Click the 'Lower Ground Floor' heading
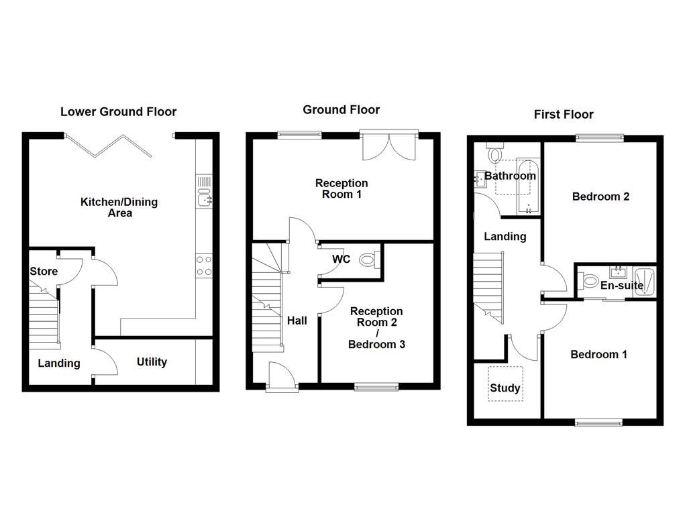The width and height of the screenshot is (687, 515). pos(118,112)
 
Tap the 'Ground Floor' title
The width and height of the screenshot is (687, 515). pos(341,109)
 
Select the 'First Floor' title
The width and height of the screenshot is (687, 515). pos(564,114)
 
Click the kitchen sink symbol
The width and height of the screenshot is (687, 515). pos(204,198)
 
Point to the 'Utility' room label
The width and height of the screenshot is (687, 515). pos(152,362)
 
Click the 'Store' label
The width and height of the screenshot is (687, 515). pos(44,272)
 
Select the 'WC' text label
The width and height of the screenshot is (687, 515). pos(341,260)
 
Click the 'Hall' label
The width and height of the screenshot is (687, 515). pos(297,321)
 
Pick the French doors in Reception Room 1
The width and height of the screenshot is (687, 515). pos(389,144)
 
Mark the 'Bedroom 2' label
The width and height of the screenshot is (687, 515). pos(600,196)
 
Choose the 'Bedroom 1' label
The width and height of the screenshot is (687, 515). pos(598,354)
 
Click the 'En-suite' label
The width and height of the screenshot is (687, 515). pos(621,286)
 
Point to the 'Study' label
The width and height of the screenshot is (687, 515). pos(505,388)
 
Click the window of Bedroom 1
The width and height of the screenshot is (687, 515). pos(598,422)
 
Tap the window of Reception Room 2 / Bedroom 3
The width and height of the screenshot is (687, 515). pos(376,386)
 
